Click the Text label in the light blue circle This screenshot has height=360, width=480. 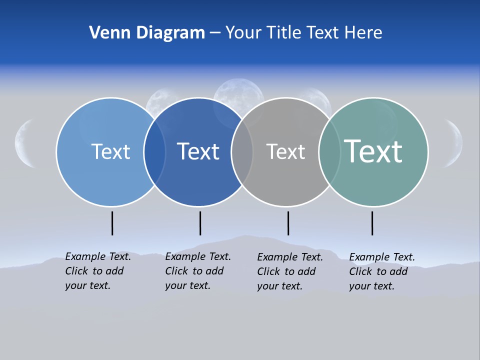pos(110,151)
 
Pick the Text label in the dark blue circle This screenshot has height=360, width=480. pos(198,151)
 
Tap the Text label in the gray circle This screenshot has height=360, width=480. pos(285,151)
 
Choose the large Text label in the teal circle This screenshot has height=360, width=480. pos(373,151)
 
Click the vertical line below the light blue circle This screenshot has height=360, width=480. pos(112,223)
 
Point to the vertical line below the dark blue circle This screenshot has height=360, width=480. pos(200,223)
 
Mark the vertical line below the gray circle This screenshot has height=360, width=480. pos(288,223)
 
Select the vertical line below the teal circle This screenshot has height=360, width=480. pos(372,223)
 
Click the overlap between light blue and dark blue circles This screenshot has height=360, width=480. pos(154,151)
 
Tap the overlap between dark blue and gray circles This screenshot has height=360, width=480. pos(242,151)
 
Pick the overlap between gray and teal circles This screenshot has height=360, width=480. pos(329,151)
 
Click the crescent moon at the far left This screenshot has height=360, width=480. pos(24,143)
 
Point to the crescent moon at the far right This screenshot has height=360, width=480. pos(455,143)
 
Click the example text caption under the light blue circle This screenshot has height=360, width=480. pos(98,271)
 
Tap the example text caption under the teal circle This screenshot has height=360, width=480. pos(382,271)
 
